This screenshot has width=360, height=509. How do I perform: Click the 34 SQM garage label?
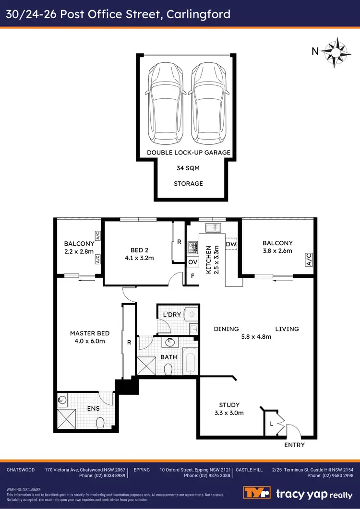188,168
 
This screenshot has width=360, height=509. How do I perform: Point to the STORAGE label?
188,183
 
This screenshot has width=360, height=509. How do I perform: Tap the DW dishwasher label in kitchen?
231,244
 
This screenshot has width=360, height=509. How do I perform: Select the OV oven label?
192,262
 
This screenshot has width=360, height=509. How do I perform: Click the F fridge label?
192,277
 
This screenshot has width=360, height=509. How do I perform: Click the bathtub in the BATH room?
190,360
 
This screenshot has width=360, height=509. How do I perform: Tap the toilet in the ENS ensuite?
100,423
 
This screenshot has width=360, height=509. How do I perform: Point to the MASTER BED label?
90,333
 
